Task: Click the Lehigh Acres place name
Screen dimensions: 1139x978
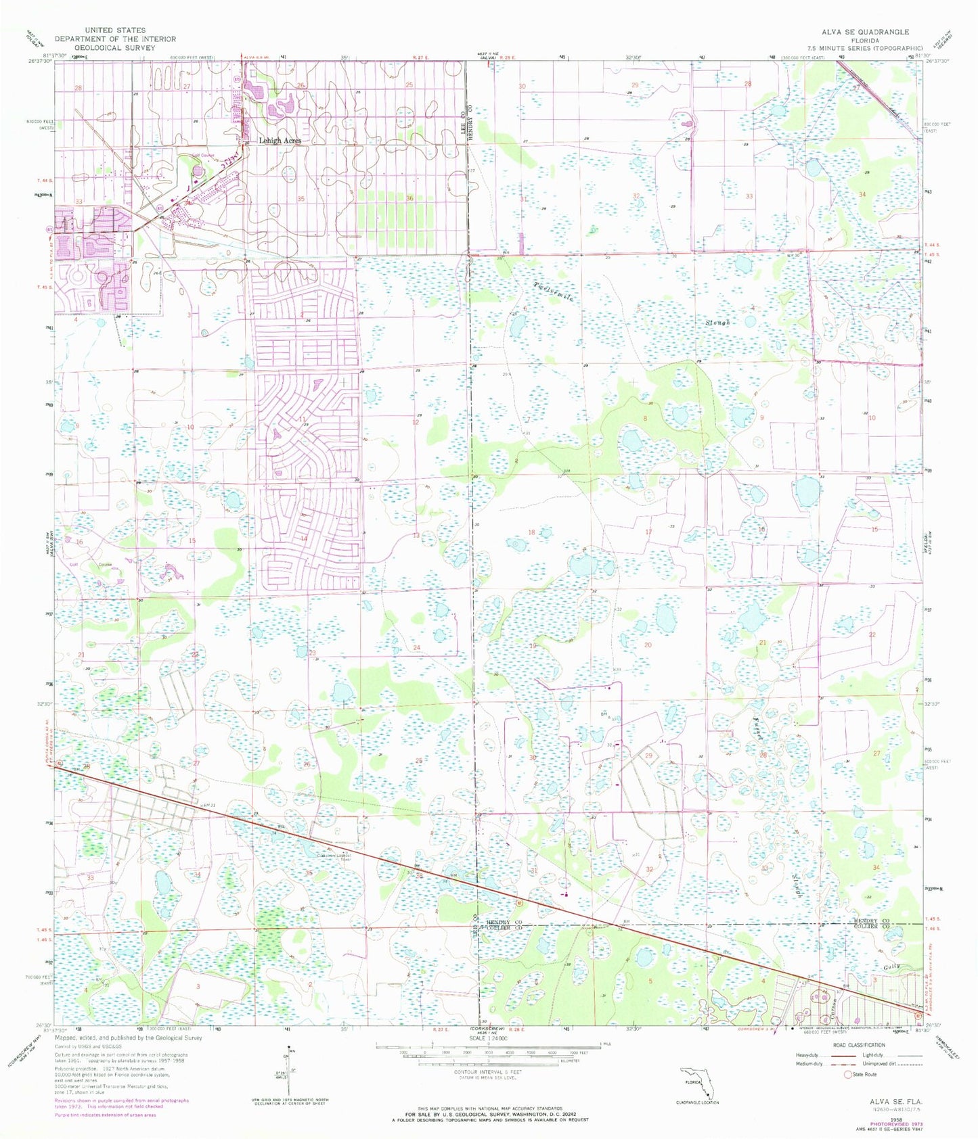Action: click(x=280, y=141)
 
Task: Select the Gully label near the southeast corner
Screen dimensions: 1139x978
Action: click(x=890, y=967)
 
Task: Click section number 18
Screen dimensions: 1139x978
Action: click(x=531, y=532)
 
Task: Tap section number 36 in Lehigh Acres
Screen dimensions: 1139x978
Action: click(x=410, y=198)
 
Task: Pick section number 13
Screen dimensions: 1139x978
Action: click(x=416, y=535)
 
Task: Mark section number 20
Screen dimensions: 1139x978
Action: click(x=648, y=645)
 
